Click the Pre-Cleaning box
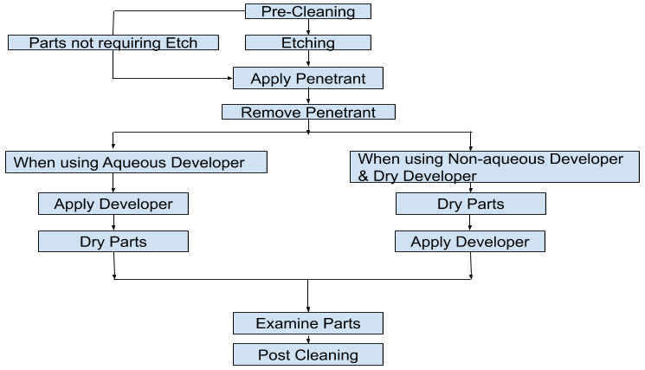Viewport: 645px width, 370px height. (308, 11)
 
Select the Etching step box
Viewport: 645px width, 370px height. (308, 42)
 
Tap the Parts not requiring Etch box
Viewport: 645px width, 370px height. (113, 42)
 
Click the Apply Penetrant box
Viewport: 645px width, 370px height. (308, 79)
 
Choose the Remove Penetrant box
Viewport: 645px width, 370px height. (308, 112)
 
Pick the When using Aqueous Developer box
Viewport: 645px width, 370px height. (136, 162)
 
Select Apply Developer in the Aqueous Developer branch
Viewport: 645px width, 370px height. (113, 204)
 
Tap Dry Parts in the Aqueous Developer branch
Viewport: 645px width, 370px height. (113, 242)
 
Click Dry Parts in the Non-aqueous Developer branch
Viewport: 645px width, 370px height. (471, 204)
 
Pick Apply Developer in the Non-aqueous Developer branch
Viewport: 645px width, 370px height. (470, 242)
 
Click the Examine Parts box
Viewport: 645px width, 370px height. (308, 323)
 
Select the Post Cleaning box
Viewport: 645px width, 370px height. (308, 354)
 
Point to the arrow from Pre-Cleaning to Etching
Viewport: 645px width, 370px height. (309, 27)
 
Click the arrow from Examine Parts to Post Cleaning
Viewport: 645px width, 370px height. (309, 339)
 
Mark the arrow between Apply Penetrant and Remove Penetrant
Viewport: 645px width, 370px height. (309, 96)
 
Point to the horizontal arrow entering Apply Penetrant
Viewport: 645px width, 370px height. (173, 79)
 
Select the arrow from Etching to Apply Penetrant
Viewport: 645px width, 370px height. (309, 59)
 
